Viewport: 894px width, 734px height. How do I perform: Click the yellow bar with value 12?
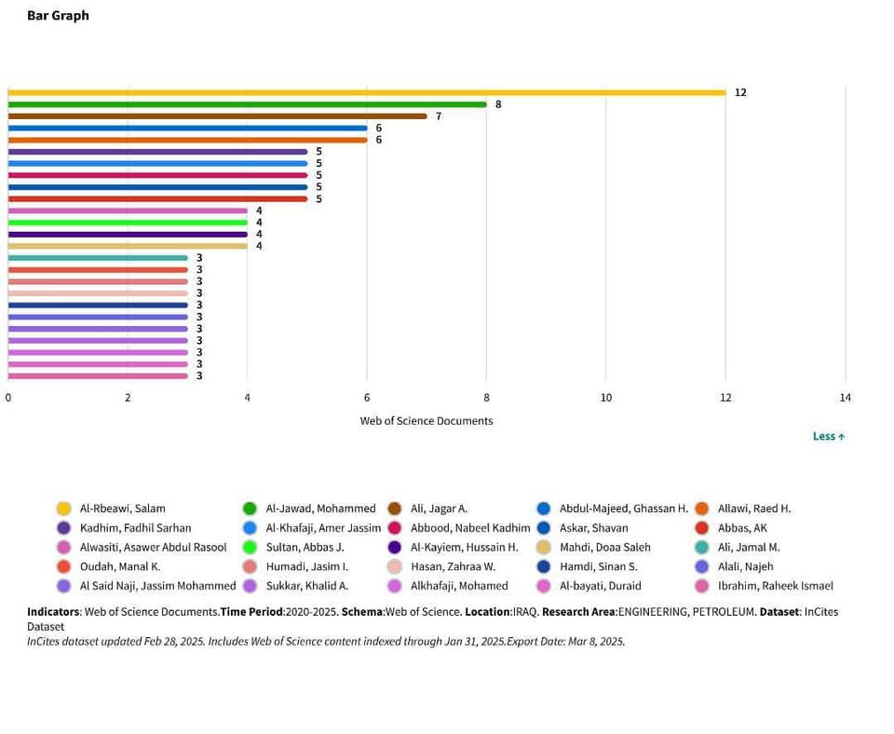366,92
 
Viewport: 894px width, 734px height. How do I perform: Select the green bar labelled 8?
247,104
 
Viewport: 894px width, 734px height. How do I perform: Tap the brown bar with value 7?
217,116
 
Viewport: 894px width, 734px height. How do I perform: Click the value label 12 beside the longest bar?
740,92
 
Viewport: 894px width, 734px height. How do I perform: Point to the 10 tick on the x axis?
605,398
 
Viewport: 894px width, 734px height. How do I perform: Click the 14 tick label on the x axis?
845,398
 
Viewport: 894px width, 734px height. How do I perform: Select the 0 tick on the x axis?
8,398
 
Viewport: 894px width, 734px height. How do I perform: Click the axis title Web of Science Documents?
427,421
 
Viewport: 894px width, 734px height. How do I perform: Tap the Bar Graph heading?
58,16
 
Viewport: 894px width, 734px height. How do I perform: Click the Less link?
828,436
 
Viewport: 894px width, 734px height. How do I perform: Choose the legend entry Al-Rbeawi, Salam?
122,509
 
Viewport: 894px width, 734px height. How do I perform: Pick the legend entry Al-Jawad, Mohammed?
320,509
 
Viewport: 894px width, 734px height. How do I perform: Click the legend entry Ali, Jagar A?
439,509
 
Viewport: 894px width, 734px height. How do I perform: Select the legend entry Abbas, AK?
742,528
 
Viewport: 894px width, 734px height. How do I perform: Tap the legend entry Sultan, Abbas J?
305,548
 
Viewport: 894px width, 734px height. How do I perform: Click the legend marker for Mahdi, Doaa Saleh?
544,548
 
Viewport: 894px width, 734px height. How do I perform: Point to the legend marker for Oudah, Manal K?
64,566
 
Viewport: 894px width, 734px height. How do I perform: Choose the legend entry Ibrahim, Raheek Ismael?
775,586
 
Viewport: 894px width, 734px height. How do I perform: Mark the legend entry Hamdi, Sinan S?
598,566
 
